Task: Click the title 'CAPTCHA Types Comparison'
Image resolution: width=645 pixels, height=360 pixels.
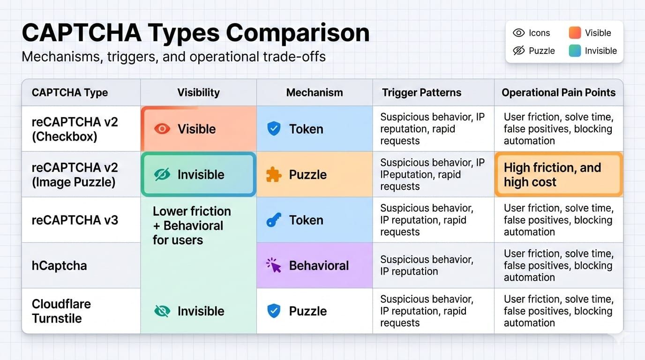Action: pos(195,33)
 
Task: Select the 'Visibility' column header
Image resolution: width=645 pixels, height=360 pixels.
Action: pos(198,92)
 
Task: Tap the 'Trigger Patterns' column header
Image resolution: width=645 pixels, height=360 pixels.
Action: pos(421,92)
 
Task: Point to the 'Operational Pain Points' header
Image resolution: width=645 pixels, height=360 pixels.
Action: pos(559,92)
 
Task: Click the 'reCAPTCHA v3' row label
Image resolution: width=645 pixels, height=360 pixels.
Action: pos(75,220)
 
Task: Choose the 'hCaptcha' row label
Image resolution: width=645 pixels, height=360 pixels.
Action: pos(60,265)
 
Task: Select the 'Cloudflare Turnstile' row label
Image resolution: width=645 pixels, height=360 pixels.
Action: pos(61,311)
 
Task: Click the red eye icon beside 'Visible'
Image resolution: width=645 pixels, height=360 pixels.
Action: pos(162,129)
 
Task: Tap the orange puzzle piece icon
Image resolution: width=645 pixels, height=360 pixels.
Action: pos(274,174)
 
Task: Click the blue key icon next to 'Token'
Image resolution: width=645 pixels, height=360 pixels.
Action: pos(274,220)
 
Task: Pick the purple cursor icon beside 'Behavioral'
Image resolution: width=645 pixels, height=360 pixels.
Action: pos(274,265)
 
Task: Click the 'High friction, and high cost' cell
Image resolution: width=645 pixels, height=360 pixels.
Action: pos(559,174)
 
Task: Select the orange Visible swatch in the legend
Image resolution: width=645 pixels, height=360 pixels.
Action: pos(575,32)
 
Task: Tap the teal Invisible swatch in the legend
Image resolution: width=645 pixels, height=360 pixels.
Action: pos(575,51)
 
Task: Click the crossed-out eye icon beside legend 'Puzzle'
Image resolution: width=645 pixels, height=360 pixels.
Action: pos(519,51)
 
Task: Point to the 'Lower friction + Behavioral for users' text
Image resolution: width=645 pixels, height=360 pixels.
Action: pos(192,225)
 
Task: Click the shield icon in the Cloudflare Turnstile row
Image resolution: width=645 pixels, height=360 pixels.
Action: pos(274,311)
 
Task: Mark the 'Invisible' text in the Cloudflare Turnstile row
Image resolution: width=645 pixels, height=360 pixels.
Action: pos(201,311)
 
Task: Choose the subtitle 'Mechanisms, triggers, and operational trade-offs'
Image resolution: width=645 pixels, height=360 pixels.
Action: pos(173,57)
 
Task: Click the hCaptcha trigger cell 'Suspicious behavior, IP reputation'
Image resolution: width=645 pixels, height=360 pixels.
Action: pos(427,265)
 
